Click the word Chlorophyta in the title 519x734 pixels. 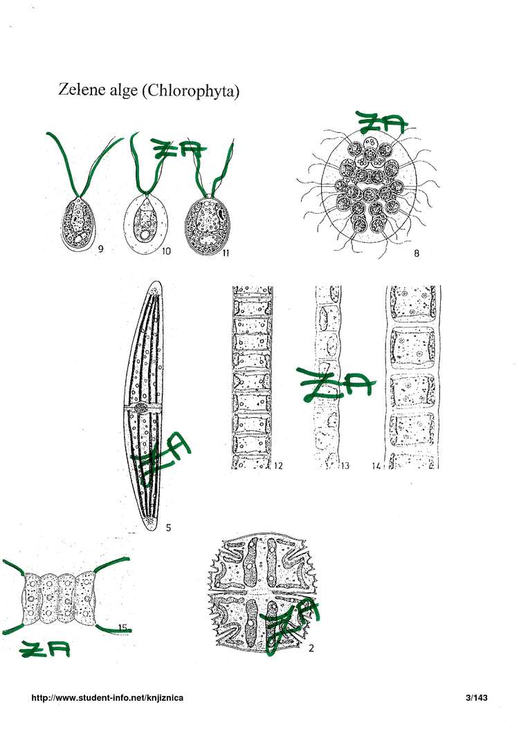coord(191,91)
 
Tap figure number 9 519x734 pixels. coord(100,248)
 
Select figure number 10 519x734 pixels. coord(166,251)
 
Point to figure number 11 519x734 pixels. coord(226,253)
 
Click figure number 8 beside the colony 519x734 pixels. coord(417,253)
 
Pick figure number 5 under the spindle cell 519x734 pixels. coord(168,528)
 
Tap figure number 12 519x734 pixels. coord(278,466)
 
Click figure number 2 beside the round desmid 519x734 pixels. coord(311,648)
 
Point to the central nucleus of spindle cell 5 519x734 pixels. coord(140,408)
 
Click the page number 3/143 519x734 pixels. coord(477,697)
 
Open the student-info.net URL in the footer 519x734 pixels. coord(107,697)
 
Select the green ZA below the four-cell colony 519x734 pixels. coord(45,649)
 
